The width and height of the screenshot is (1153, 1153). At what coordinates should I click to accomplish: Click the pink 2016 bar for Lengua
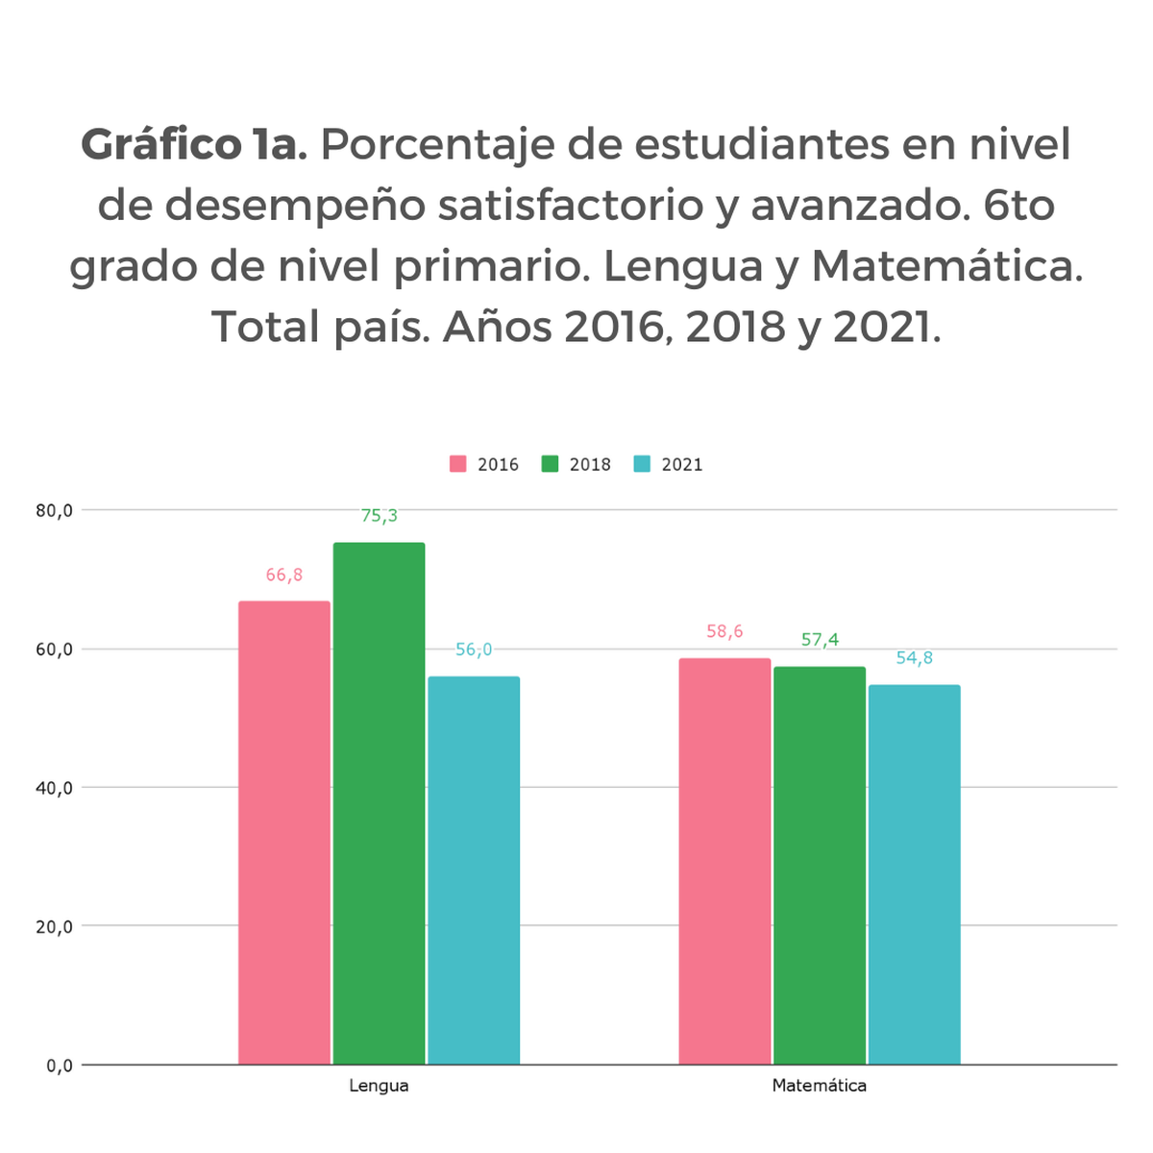(284, 832)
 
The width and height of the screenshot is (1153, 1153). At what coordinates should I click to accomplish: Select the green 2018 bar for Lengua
(379, 803)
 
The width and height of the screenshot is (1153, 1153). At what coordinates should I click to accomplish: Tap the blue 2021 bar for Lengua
(474, 870)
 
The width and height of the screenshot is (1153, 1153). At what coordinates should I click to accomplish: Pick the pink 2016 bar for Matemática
(724, 861)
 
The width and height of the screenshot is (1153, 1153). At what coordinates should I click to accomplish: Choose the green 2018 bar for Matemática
(820, 865)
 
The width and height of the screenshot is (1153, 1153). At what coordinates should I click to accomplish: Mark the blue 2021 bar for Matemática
(914, 874)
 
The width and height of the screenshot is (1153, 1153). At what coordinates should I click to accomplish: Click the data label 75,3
(379, 516)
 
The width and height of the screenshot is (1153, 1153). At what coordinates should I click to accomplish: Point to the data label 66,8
(284, 576)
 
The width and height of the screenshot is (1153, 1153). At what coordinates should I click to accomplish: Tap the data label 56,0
(474, 650)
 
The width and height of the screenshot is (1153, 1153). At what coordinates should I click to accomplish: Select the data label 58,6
(724, 632)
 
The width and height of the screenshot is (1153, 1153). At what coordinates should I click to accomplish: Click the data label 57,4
(820, 640)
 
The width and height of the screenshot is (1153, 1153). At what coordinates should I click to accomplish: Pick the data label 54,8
(914, 658)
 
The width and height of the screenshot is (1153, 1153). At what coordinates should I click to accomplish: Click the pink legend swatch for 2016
(458, 464)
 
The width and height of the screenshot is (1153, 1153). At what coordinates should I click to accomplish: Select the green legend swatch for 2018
(551, 464)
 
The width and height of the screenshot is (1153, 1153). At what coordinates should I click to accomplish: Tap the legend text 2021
(682, 465)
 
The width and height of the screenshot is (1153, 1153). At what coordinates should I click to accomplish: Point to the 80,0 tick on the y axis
(55, 511)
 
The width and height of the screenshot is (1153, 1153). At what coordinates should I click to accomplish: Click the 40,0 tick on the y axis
(55, 788)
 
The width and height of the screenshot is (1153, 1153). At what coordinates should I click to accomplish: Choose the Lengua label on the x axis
(379, 1086)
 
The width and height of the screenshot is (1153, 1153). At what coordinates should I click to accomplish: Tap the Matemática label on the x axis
(820, 1086)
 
